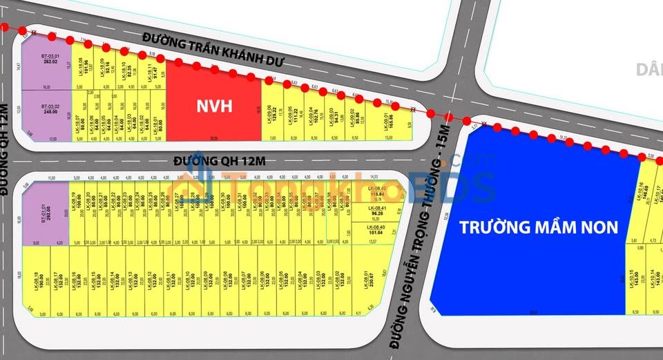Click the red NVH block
pos(215,106)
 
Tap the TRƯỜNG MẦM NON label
pos(539,227)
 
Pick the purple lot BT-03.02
pos(47,115)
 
